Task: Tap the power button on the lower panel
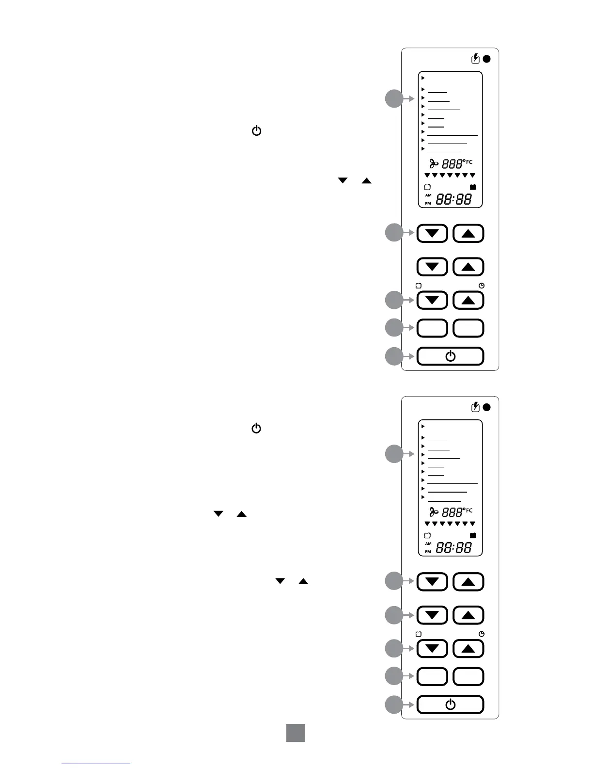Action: point(450,704)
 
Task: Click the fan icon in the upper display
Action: point(434,164)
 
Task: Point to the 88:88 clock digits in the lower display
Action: point(453,548)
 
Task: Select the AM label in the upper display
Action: point(428,195)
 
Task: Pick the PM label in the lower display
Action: point(428,552)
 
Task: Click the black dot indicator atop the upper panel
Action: point(487,59)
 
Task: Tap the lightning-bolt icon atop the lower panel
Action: point(476,407)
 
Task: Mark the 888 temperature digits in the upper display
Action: point(453,164)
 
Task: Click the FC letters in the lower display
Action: point(469,511)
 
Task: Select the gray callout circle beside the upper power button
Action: point(394,356)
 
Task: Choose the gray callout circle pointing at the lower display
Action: point(394,454)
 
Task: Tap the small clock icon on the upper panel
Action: point(482,286)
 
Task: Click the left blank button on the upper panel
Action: point(432,328)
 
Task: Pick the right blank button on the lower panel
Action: point(468,676)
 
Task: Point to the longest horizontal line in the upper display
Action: point(453,135)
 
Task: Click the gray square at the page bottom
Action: point(295,733)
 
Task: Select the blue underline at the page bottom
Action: point(96,764)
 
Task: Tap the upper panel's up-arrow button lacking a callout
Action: point(468,267)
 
